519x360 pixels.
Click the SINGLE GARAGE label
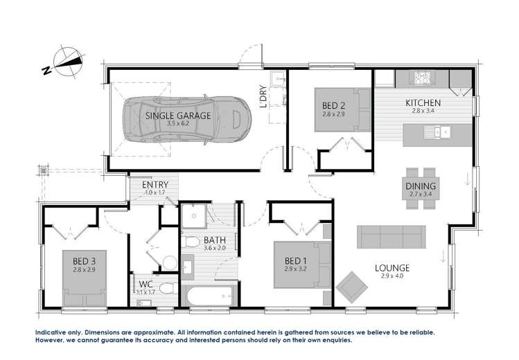click(x=177, y=116)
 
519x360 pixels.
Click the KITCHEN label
click(x=423, y=104)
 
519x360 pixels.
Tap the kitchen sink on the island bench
click(x=438, y=130)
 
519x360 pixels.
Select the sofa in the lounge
click(x=392, y=237)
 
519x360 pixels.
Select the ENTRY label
click(x=153, y=185)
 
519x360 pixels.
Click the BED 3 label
click(x=84, y=261)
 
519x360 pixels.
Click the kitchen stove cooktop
click(x=423, y=76)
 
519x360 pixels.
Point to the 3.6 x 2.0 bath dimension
click(x=215, y=248)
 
